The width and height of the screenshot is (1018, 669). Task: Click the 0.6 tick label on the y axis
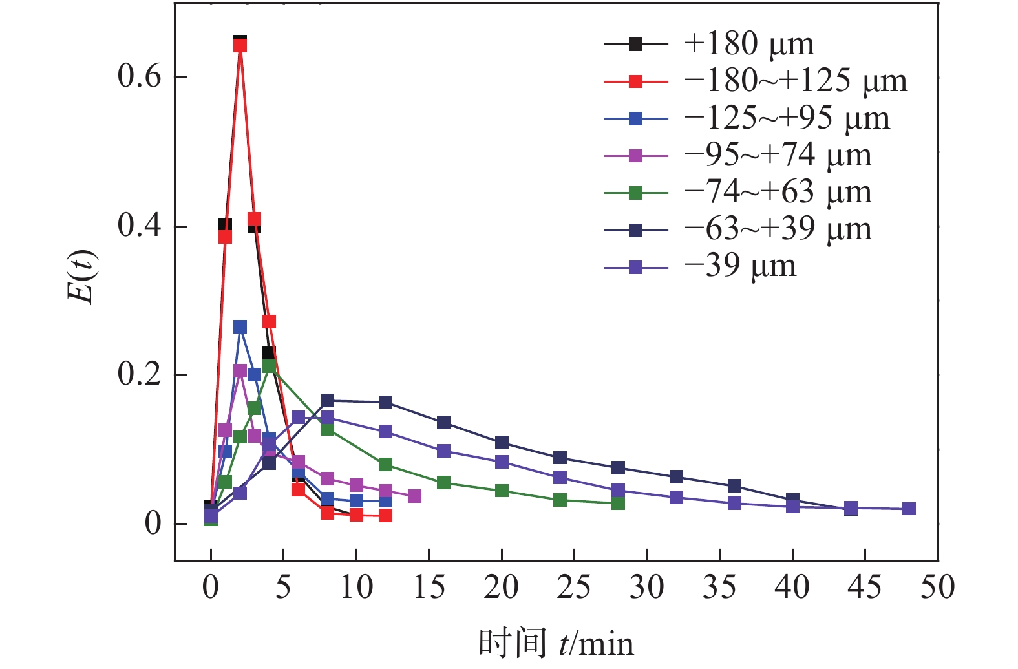(139, 76)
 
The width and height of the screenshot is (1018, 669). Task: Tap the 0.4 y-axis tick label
(139, 226)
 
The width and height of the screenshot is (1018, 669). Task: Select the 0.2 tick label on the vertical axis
(139, 374)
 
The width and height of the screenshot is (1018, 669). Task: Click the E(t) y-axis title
(82, 277)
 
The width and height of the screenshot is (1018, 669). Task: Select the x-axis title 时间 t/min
(556, 643)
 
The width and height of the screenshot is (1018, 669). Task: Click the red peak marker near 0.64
(240, 45)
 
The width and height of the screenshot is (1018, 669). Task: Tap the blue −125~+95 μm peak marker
(240, 327)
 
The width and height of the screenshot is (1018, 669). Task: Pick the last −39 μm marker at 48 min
(909, 509)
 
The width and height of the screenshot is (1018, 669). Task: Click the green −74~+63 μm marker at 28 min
(618, 503)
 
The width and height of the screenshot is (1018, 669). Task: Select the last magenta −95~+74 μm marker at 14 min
(414, 496)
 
